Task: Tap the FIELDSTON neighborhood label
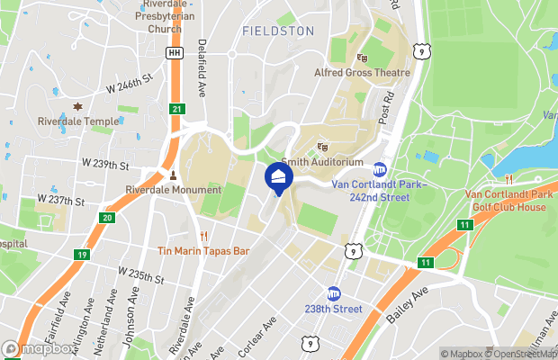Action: point(278,31)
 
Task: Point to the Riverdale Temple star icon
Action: point(77,107)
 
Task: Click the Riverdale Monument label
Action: point(174,190)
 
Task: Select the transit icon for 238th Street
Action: point(334,293)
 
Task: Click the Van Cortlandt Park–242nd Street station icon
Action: point(380,169)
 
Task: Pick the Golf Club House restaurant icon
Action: point(509,178)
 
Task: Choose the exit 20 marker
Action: point(108,217)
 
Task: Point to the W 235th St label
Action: point(142,274)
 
